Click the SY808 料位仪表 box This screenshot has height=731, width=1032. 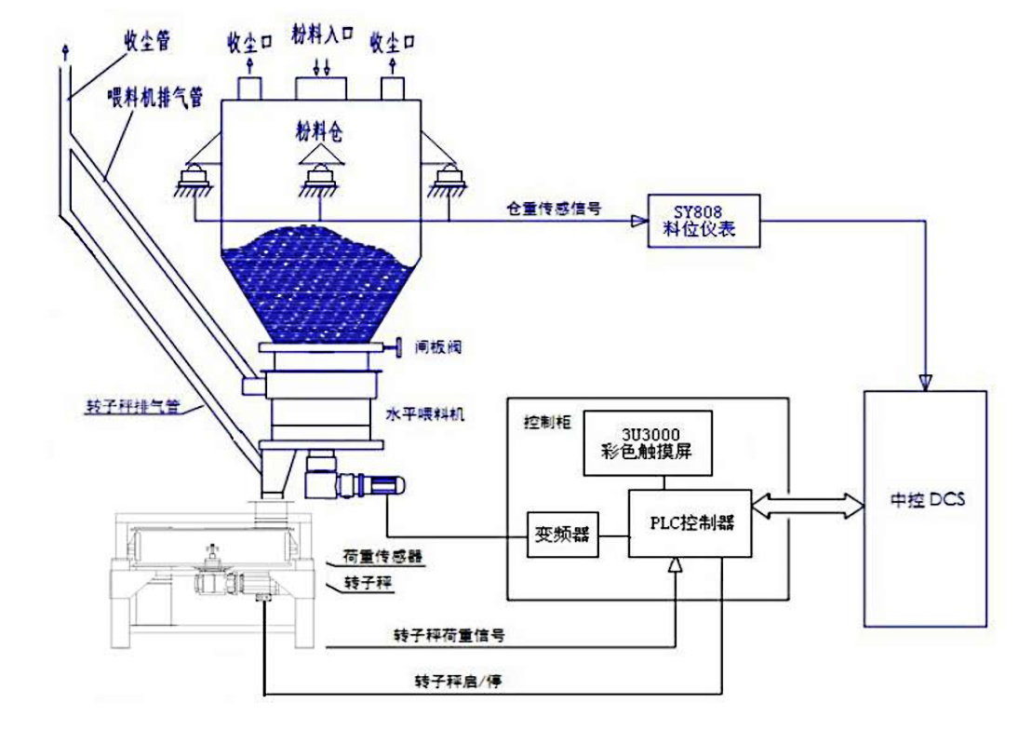(704, 221)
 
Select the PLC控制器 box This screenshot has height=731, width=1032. (690, 523)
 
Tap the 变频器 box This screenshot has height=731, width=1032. (563, 535)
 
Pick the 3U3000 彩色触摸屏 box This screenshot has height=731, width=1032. (648, 442)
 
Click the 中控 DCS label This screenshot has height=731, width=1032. (927, 500)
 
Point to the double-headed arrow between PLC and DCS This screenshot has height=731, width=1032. (808, 506)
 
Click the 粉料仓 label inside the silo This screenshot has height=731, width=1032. (319, 131)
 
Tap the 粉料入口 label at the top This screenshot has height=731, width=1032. (322, 35)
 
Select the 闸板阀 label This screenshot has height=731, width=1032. (437, 346)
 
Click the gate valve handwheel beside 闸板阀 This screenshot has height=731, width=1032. (396, 347)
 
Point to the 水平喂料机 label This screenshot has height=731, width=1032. (424, 414)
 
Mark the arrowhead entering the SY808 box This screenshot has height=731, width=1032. (639, 222)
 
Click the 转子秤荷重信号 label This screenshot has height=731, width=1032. (449, 635)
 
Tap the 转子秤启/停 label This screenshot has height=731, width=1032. (458, 681)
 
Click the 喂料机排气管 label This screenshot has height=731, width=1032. (155, 99)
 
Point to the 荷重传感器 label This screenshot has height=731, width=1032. (382, 557)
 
